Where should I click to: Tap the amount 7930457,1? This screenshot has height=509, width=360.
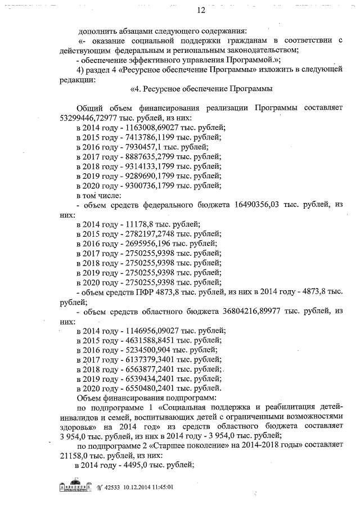point(130,147)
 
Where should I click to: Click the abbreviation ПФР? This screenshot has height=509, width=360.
point(151,292)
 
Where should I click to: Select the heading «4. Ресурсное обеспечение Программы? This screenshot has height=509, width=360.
point(201,89)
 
